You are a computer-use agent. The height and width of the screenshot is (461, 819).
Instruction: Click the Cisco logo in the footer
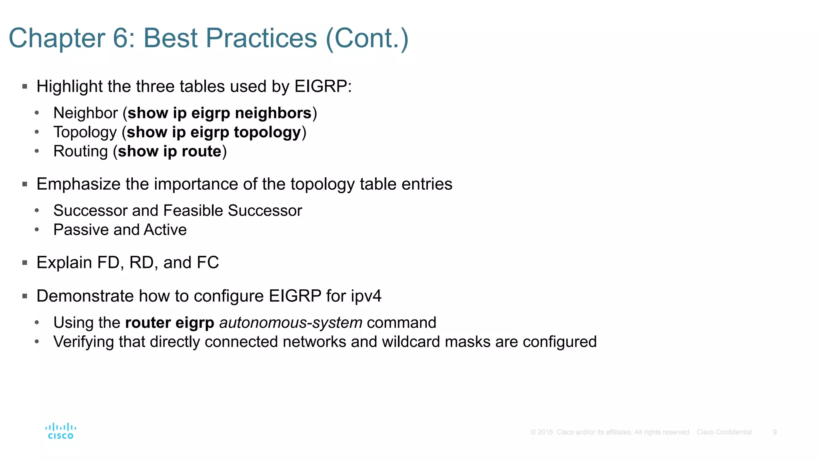(60, 431)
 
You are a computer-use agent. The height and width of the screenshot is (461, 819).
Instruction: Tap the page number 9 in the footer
(775, 432)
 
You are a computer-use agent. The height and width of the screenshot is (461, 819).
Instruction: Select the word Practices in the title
(262, 38)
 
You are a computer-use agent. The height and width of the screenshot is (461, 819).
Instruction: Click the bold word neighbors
(273, 113)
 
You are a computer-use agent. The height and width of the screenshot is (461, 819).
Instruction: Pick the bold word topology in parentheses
(267, 132)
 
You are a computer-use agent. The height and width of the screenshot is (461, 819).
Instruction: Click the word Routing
(81, 152)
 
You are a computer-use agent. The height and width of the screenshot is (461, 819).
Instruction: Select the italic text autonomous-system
(291, 323)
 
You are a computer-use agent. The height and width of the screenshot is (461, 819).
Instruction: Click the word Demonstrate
(85, 297)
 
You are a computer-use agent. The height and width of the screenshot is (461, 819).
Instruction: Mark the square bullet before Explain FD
(25, 263)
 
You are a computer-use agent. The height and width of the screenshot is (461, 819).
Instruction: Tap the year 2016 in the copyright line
(545, 432)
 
